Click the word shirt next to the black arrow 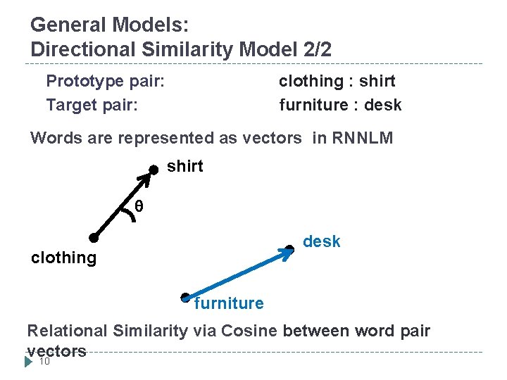point(185,167)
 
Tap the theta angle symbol point(139,206)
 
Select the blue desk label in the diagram point(321,242)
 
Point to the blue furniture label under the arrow point(229,304)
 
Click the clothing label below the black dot point(64,258)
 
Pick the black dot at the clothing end point(92,238)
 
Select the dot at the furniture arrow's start point(185,297)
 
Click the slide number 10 point(44,362)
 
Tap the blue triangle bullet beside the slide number point(28,362)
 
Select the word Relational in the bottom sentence point(67,331)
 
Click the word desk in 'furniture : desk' point(384,106)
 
